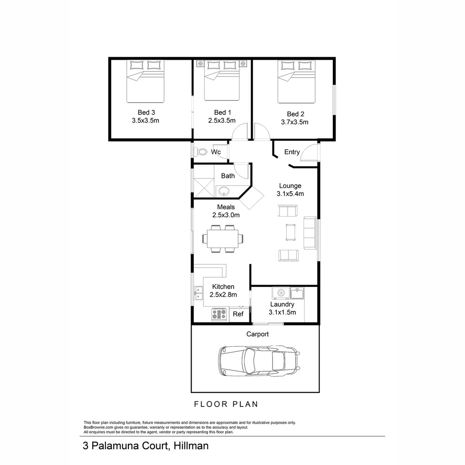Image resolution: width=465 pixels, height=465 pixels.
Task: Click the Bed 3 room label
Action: point(146,112)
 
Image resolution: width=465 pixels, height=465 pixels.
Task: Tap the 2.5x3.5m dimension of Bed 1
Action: point(222,121)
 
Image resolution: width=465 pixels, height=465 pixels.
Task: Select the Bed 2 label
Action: point(295,114)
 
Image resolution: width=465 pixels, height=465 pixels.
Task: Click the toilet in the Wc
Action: point(201,152)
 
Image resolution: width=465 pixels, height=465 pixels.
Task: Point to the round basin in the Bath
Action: point(224,191)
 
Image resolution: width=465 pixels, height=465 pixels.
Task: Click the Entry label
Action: point(292,152)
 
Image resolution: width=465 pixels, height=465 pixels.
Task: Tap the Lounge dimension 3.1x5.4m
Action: point(290,194)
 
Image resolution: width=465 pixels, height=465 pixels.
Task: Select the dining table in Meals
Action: point(223,239)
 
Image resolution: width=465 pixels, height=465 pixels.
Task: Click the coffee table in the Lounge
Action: point(291,232)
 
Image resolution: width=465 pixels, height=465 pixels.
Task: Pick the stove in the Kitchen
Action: point(219,314)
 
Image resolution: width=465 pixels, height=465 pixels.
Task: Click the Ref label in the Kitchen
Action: point(238,314)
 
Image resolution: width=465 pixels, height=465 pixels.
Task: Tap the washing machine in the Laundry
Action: point(281,293)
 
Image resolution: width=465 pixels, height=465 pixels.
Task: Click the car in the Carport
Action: point(259,361)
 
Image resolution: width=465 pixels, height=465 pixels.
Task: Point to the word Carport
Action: point(257,334)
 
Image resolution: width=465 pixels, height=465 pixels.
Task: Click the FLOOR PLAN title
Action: point(226,404)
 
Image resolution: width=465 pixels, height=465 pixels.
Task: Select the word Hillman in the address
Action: point(191,446)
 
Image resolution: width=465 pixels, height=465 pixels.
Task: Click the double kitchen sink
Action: point(198,293)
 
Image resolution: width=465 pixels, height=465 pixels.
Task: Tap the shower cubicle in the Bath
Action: point(204,188)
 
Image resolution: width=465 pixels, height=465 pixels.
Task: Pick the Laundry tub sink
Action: point(297,293)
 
